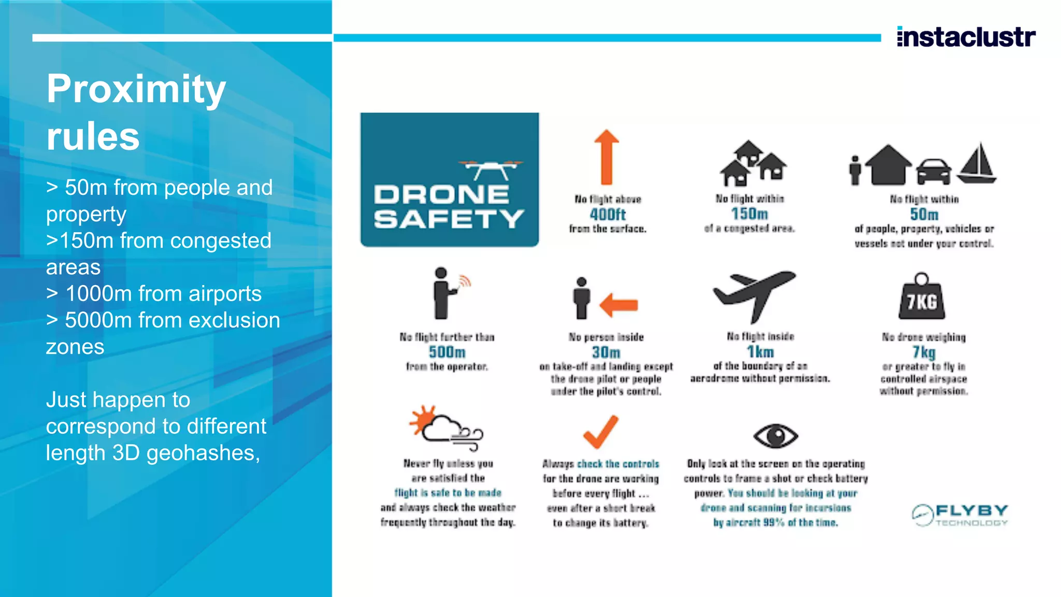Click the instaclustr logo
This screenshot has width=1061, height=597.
(x=966, y=37)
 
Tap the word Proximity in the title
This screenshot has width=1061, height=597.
(x=136, y=89)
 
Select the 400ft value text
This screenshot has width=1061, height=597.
(x=608, y=214)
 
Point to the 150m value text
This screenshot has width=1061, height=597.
(x=749, y=214)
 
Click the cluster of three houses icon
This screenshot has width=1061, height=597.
(x=753, y=163)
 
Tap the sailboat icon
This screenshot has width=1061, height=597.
(x=978, y=163)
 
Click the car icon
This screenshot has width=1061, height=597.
(x=934, y=172)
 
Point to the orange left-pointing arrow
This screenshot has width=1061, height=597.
(x=619, y=305)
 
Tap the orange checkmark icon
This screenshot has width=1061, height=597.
(x=601, y=432)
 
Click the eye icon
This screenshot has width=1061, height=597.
(x=776, y=435)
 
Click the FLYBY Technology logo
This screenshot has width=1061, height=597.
(x=960, y=515)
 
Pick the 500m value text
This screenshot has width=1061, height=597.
(x=447, y=352)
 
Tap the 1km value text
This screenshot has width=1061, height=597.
(x=760, y=352)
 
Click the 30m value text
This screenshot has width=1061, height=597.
(x=606, y=352)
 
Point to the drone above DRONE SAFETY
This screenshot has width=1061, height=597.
(x=491, y=169)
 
